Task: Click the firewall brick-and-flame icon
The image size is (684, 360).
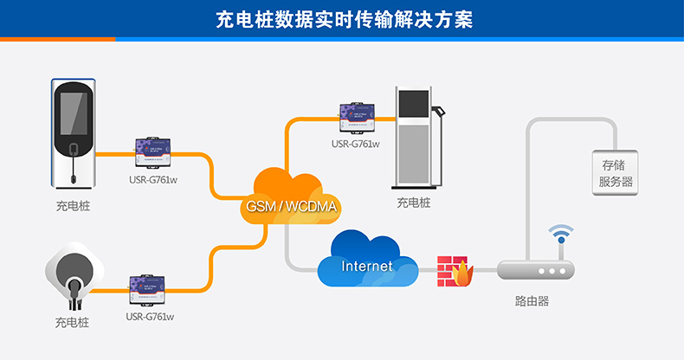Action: (455, 271)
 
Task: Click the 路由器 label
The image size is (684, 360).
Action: (532, 302)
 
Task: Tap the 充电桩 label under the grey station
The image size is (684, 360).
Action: (414, 202)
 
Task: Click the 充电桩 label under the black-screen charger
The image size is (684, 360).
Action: (73, 206)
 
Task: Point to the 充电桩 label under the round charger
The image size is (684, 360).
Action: (72, 322)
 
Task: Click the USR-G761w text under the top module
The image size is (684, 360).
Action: (356, 145)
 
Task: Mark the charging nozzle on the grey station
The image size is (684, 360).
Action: (442, 117)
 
